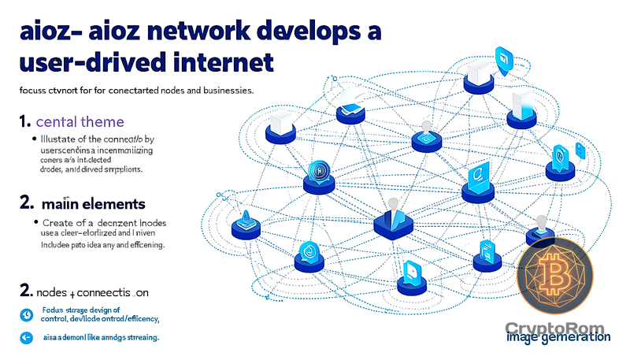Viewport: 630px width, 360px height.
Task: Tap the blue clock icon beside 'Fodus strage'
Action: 26,314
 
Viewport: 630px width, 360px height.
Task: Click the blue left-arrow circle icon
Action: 26,338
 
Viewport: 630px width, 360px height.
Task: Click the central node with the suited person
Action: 391,218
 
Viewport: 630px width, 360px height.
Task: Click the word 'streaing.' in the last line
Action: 138,337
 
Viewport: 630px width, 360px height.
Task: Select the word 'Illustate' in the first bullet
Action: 60,139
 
